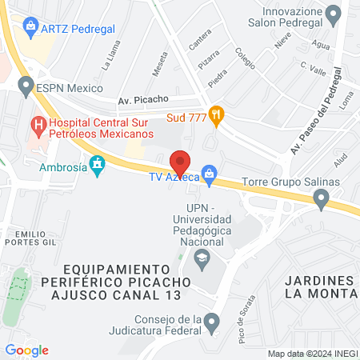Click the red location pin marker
181,163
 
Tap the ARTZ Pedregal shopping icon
30,28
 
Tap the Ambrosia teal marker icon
98,166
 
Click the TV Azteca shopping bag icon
210,173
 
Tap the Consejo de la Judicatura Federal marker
211,322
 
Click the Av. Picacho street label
142,99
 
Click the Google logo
27,350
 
